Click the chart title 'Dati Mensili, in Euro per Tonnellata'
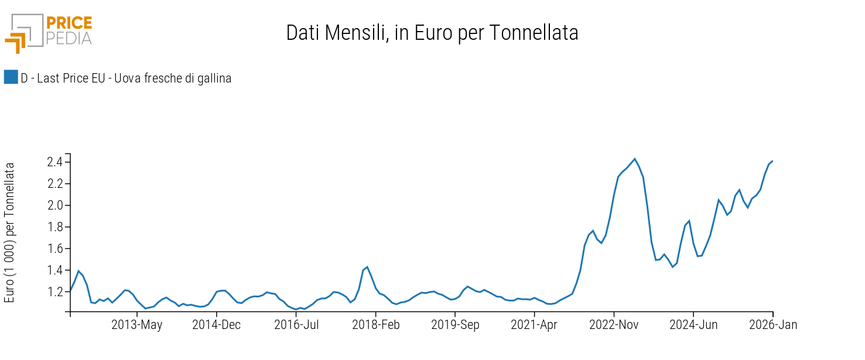tap(432, 33)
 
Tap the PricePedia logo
tap(49, 32)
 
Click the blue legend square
tap(11, 77)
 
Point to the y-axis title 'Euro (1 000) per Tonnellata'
tap(9, 232)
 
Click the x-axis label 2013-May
tap(137, 325)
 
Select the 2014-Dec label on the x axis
tap(217, 325)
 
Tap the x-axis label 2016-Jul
tap(296, 325)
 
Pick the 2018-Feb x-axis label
tap(375, 325)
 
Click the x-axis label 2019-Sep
tap(455, 325)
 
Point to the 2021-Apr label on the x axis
tap(534, 325)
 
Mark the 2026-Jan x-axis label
tap(773, 325)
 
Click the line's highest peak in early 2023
tap(635, 159)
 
